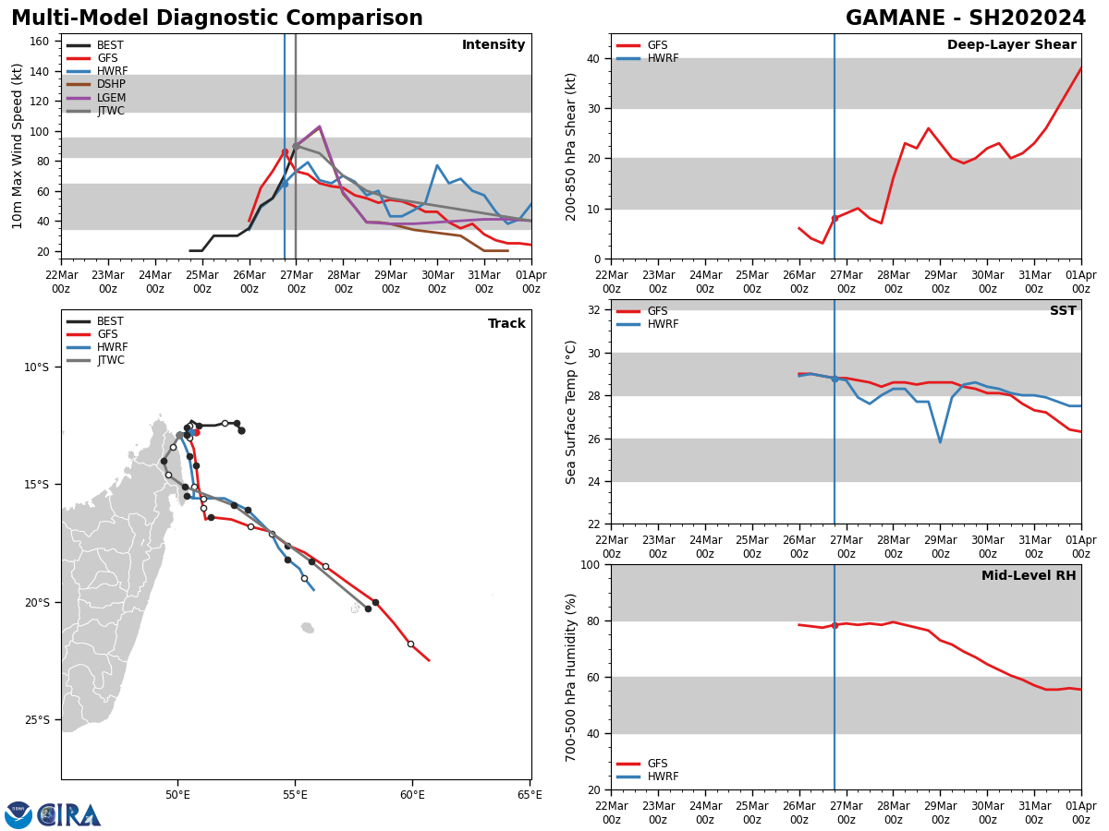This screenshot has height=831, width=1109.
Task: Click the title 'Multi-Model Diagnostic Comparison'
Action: pos(216,18)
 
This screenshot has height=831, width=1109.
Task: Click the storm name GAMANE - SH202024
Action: pos(966,18)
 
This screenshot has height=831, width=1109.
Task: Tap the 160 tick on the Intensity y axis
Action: pos(42,42)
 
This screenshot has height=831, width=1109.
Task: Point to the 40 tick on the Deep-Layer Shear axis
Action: pos(591,58)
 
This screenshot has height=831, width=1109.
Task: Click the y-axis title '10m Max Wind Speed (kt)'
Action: pos(18,146)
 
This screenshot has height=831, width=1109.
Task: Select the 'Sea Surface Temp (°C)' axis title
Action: pos(572,412)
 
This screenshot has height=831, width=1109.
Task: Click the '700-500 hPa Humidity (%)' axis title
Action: pos(572,677)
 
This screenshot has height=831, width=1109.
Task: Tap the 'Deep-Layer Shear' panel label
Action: pos(1011,45)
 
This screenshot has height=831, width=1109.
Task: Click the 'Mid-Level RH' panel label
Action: pos(1028,576)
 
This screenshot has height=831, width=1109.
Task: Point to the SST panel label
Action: pos(1062,311)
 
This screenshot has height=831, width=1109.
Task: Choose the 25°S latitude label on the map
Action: pos(36,720)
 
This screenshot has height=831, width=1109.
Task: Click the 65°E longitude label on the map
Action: pos(530,794)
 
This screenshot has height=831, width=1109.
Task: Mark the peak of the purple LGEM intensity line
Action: pos(319,127)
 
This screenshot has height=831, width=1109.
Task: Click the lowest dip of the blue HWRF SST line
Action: pos(940,441)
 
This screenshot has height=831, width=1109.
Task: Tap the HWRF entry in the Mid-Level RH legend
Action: pos(662,777)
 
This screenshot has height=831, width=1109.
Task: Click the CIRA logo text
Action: pos(69,814)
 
